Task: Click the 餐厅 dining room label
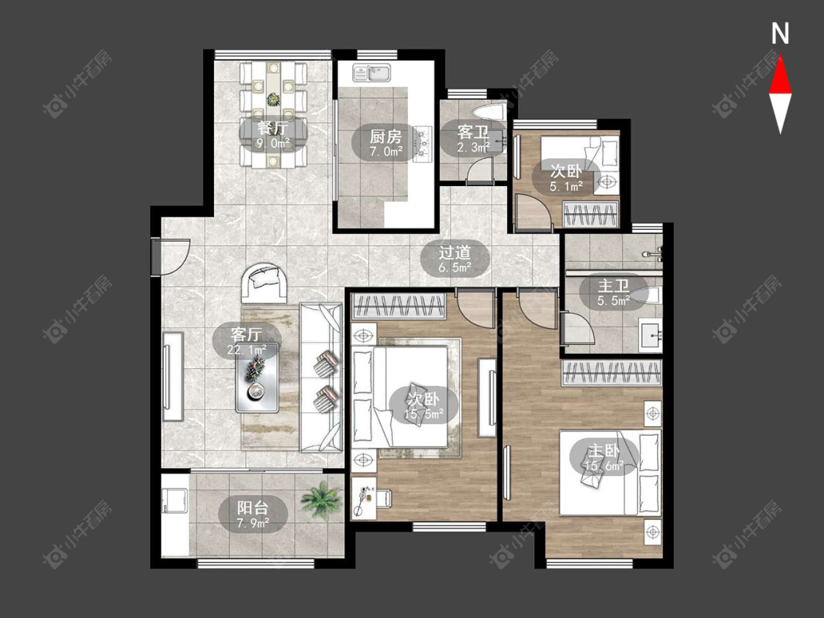point(272,127)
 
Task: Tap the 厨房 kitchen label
point(386,137)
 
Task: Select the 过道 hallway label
point(455,253)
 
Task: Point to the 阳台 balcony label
point(253,507)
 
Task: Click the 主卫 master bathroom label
point(613,286)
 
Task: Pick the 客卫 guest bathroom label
point(473,131)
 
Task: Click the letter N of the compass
point(780,34)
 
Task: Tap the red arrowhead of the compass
point(780,75)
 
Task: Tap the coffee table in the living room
point(257,377)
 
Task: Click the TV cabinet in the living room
point(172,376)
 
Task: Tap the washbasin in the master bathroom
point(650,333)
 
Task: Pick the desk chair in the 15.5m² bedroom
point(383,498)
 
